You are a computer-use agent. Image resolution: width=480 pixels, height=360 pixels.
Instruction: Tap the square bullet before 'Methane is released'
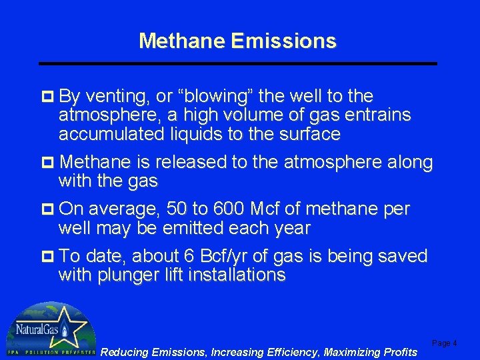point(48,162)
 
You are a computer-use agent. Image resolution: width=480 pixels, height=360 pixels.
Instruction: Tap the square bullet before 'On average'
point(48,209)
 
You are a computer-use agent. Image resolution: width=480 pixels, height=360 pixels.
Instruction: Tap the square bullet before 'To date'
point(48,257)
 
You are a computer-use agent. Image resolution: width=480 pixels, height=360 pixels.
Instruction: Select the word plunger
point(129,275)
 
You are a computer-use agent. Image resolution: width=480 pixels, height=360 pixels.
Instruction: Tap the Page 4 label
point(445,343)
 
